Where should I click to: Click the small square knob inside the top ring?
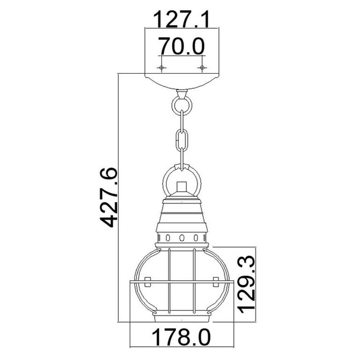coord(182,185)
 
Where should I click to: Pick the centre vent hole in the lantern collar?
coord(182,238)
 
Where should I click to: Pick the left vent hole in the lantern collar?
coord(169,238)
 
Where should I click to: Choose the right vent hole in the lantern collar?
coord(194,238)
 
